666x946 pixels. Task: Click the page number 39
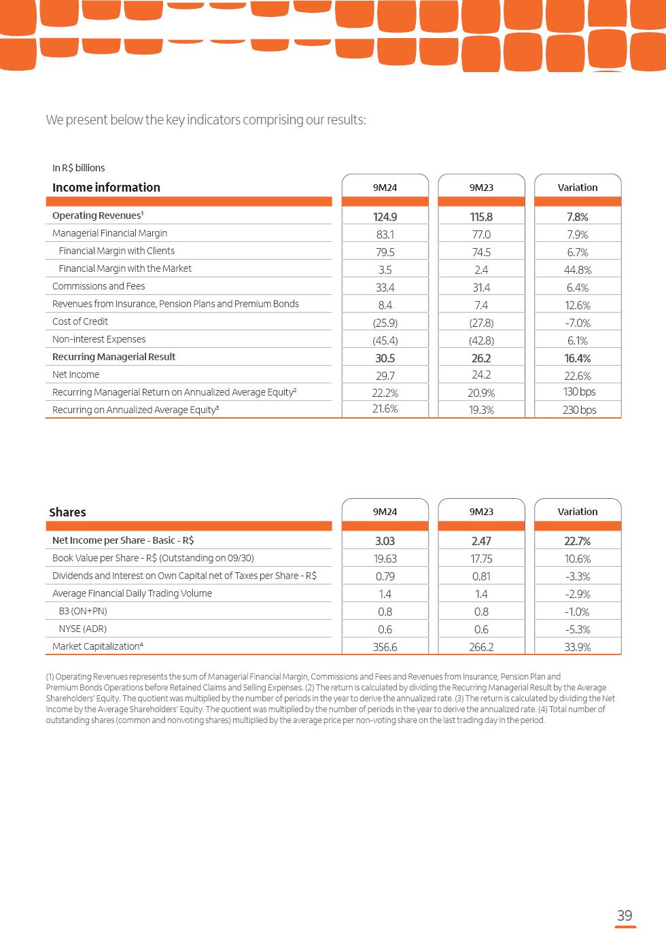coord(625,915)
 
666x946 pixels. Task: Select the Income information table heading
coord(106,188)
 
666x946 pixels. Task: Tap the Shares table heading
coord(67,512)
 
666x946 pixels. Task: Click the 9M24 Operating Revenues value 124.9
coord(385,217)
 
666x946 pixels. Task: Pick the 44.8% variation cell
coord(578,270)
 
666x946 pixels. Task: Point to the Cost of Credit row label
coord(80,321)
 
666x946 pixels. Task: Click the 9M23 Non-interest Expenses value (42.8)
coord(481,340)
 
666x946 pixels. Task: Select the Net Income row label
coord(75,374)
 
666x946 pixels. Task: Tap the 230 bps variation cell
coord(579,410)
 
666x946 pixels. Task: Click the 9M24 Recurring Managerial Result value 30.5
coord(385,358)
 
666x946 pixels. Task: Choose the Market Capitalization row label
coord(97,646)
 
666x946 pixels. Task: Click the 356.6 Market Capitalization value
coord(385,647)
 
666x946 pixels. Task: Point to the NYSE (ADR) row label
coord(82,629)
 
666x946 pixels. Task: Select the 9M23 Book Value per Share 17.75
coord(481,559)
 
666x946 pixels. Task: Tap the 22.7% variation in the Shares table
coord(578,541)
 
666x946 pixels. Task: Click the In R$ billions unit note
coord(78,168)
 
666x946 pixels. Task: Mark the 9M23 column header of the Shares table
coord(481,512)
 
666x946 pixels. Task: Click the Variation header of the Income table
coord(578,188)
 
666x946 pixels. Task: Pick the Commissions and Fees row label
coord(99,286)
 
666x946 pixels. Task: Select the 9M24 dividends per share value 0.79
coord(385,576)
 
